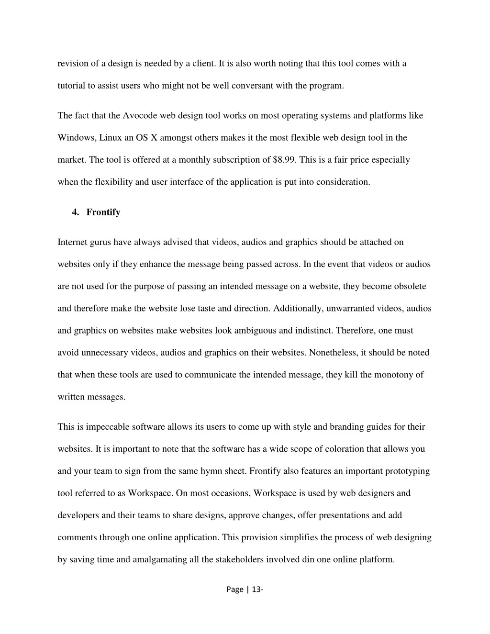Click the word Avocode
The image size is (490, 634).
(140, 116)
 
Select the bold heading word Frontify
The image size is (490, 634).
(103, 212)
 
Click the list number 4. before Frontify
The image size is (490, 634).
(76, 212)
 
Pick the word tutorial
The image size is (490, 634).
(71, 86)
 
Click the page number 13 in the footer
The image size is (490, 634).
(256, 590)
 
